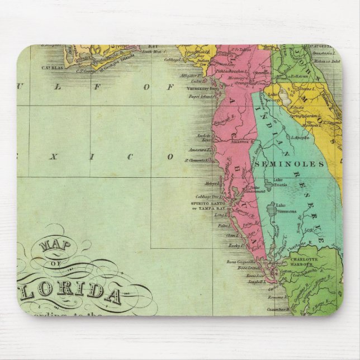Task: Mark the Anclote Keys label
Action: (202, 138)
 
